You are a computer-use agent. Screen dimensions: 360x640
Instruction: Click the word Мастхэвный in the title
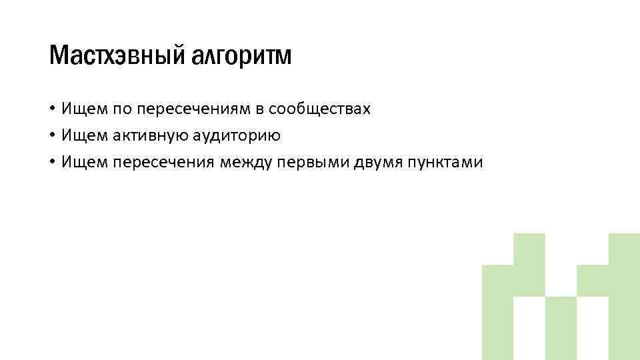(115, 57)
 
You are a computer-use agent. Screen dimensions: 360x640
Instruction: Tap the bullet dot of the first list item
(52, 109)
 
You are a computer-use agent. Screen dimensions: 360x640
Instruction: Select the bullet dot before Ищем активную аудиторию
(52, 135)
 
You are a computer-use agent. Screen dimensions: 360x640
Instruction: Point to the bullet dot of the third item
(52, 162)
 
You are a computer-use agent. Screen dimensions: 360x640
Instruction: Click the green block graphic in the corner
(560, 300)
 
